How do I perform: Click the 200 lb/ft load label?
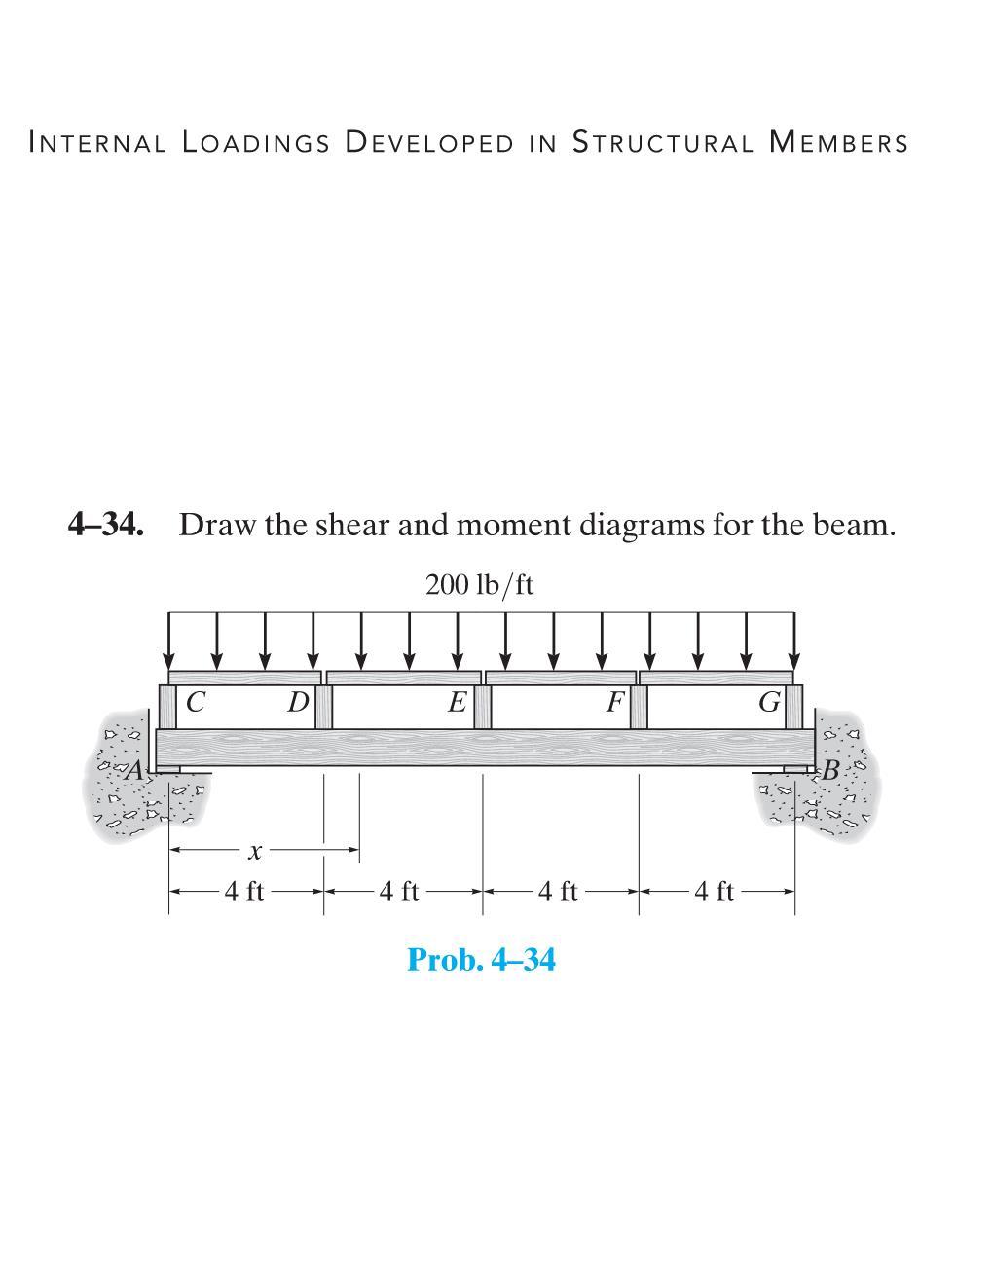[x=479, y=585]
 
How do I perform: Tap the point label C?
[x=196, y=701]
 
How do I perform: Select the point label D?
[x=297, y=701]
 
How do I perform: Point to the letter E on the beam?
[x=456, y=701]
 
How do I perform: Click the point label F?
[x=613, y=701]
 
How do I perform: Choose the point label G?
[x=769, y=701]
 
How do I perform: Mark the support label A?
[x=135, y=771]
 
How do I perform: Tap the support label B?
[x=829, y=772]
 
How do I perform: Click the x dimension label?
[x=254, y=853]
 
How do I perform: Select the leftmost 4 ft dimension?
[x=244, y=891]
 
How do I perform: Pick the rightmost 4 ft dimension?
[x=715, y=891]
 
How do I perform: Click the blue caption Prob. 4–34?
[x=481, y=960]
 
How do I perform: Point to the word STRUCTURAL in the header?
[x=662, y=143]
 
